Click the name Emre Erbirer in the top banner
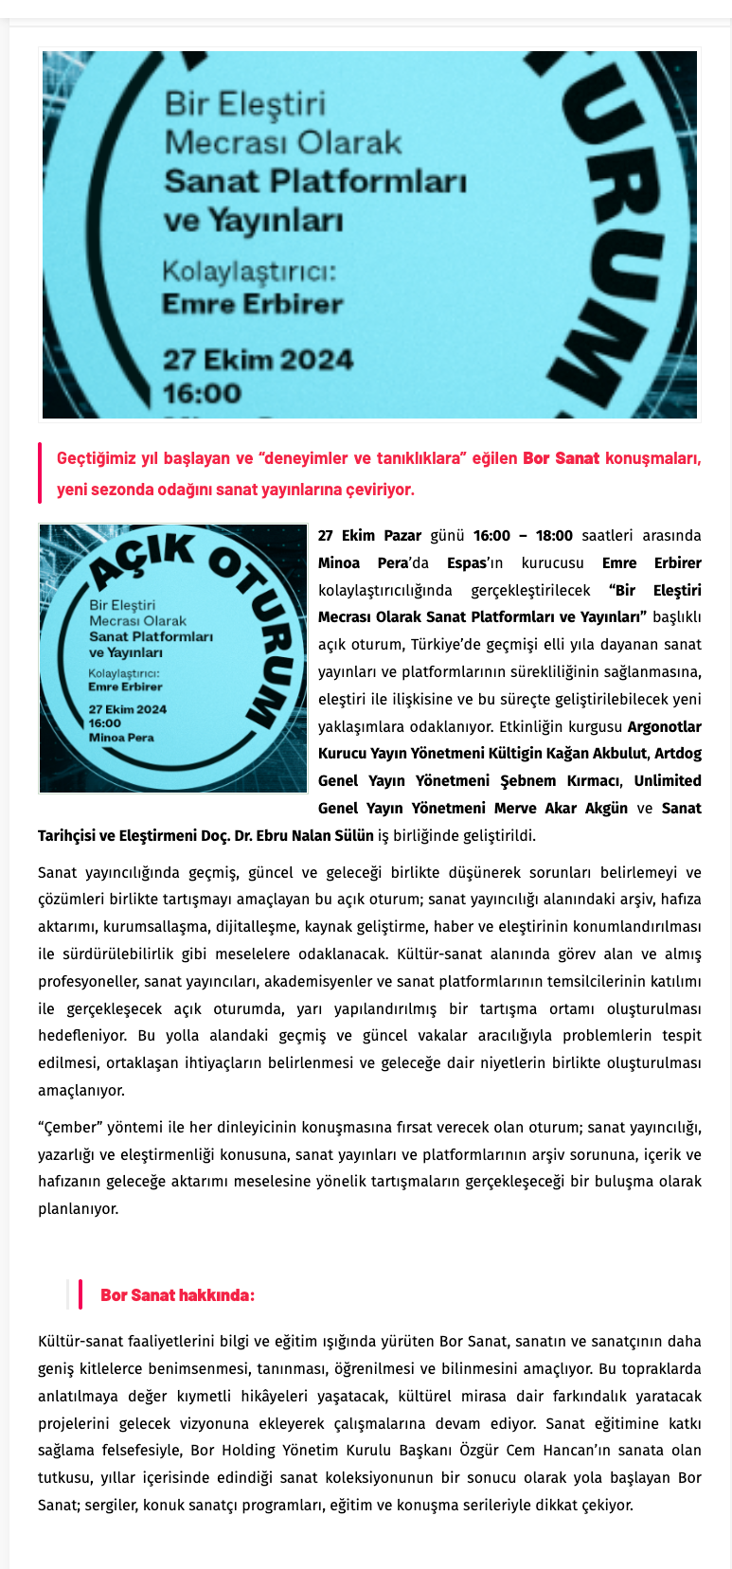tap(252, 305)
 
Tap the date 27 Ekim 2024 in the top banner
tap(258, 360)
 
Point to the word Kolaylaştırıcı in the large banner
tap(248, 272)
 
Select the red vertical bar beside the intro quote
tap(41, 473)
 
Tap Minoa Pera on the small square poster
tap(121, 738)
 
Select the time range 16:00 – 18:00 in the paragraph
tap(523, 536)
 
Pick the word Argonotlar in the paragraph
tap(664, 727)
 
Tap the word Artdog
tap(678, 754)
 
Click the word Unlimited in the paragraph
tap(668, 781)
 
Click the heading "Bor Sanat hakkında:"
tap(177, 1295)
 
